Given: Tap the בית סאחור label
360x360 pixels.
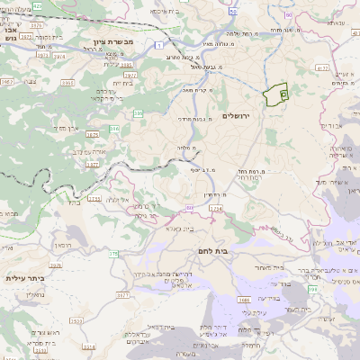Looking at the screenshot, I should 266,267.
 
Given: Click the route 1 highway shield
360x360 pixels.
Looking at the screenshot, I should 159,44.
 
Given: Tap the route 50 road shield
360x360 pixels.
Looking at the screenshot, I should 232,12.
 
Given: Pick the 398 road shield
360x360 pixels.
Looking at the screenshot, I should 313,291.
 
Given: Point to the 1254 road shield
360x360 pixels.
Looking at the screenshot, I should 216,209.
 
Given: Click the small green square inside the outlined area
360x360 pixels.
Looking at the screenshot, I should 283,94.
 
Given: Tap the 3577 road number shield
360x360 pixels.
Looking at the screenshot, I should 122,292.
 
